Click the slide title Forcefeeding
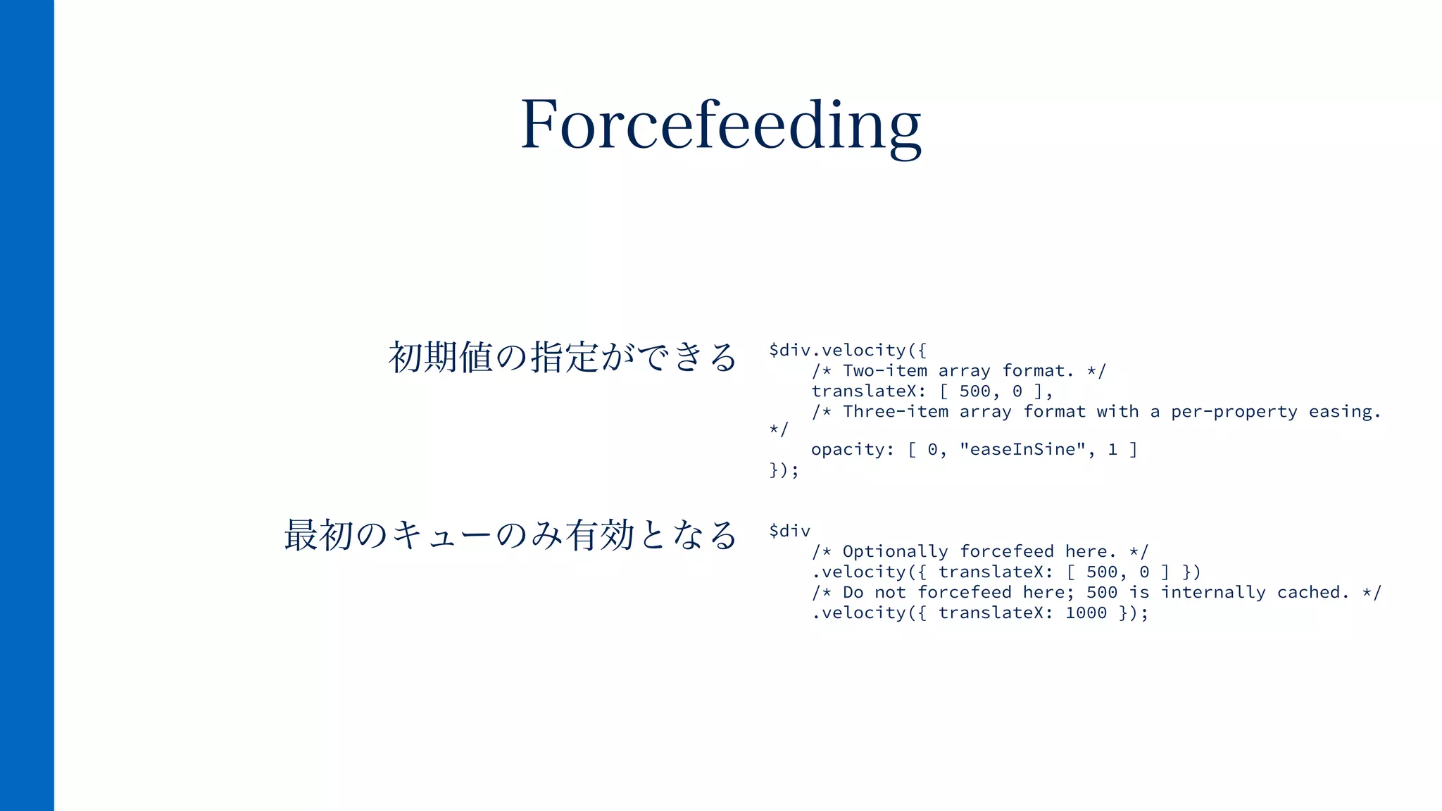(720, 125)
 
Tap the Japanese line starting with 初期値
(562, 357)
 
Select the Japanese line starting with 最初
(510, 535)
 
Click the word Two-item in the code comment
(885, 371)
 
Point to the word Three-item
(896, 412)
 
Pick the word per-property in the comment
(1234, 412)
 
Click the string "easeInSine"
(1022, 450)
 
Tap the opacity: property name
(853, 450)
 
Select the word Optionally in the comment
(895, 551)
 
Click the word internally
(1212, 592)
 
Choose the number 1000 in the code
(1086, 612)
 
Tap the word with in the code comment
(1117, 412)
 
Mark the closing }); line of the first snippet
(784, 470)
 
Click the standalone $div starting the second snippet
(789, 531)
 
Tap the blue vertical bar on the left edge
(27, 405)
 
